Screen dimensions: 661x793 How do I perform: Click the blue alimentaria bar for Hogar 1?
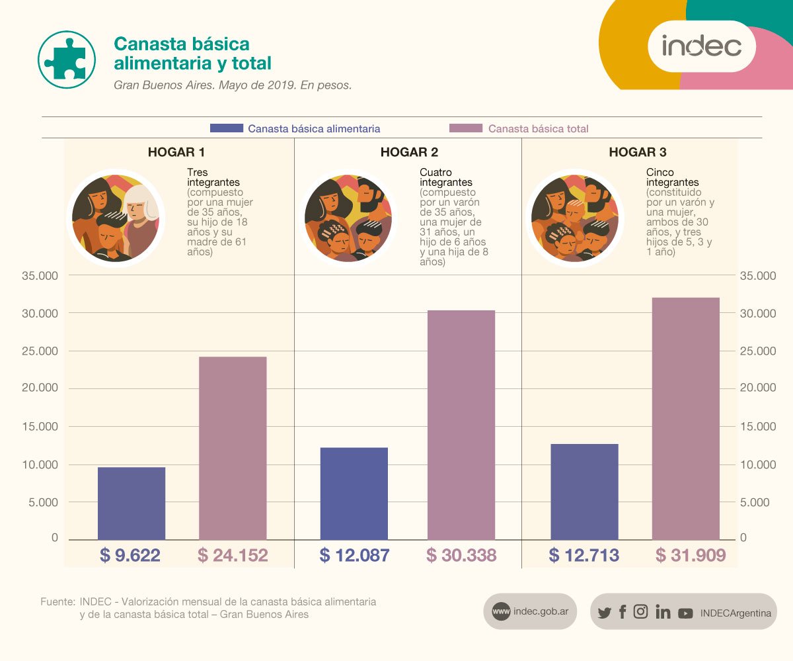point(131,503)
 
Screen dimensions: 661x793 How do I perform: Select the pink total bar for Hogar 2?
point(461,424)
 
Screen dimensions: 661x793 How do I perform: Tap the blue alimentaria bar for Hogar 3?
point(584,491)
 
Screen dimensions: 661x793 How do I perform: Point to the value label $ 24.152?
point(233,555)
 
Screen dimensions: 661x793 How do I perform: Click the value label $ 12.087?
point(354,555)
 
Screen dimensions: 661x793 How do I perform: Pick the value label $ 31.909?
point(691,555)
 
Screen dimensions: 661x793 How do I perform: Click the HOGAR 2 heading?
point(409,153)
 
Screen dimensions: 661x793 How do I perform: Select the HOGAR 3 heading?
point(637,153)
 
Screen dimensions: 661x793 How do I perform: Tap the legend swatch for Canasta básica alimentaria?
point(226,128)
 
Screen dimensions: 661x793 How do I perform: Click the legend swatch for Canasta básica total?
point(466,128)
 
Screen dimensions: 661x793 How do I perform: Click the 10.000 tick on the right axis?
point(758,464)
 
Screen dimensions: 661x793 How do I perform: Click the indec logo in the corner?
point(701,46)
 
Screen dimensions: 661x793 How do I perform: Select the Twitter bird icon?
point(604,613)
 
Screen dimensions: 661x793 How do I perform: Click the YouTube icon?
point(685,613)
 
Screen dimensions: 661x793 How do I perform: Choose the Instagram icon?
point(640,612)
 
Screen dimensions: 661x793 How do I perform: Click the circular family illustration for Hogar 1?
point(116,218)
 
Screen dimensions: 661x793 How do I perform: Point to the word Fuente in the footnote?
point(57,602)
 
